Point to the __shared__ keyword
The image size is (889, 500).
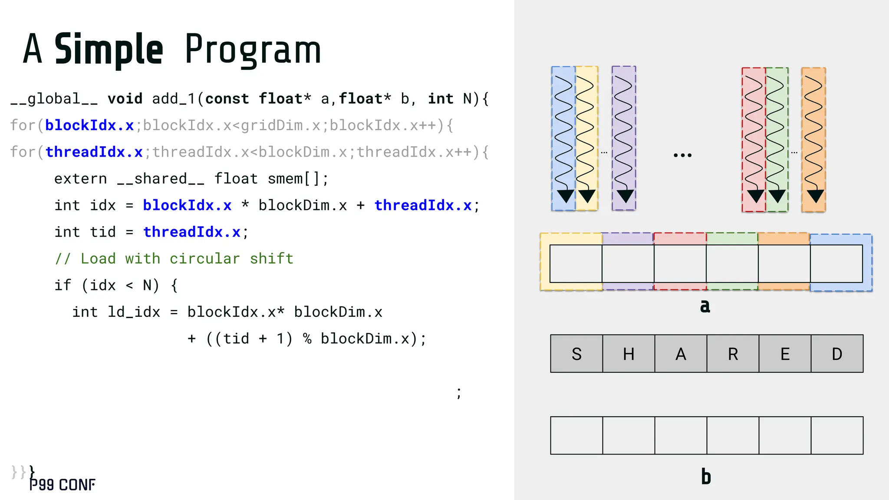pyautogui.click(x=161, y=179)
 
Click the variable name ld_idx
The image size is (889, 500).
pyautogui.click(x=134, y=312)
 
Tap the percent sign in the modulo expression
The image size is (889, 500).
pyautogui.click(x=307, y=339)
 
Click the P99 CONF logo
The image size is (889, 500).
pyautogui.click(x=62, y=485)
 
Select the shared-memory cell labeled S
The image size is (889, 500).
pyautogui.click(x=576, y=354)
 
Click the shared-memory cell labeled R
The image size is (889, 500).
pyautogui.click(x=733, y=354)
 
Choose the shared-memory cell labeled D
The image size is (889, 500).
pyautogui.click(x=837, y=354)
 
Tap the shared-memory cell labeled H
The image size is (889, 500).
pyautogui.click(x=629, y=354)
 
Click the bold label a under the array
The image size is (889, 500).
pyautogui.click(x=705, y=306)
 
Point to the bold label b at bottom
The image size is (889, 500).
pyautogui.click(x=706, y=477)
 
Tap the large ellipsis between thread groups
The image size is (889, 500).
pyautogui.click(x=682, y=155)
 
